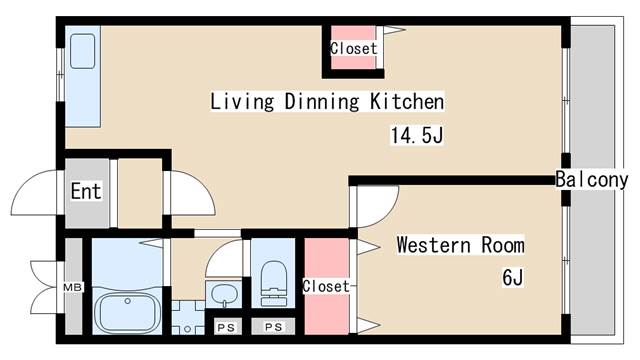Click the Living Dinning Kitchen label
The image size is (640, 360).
pyautogui.click(x=327, y=102)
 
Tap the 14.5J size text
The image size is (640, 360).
pyautogui.click(x=417, y=135)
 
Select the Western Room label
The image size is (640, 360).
pyautogui.click(x=460, y=245)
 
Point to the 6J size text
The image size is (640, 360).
pyautogui.click(x=513, y=278)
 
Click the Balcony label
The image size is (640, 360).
pyautogui.click(x=592, y=180)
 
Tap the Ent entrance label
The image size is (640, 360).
pyautogui.click(x=86, y=191)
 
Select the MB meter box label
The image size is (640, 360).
pyautogui.click(x=73, y=287)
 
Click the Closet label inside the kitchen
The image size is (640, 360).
pyautogui.click(x=353, y=49)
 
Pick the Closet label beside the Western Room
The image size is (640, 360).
pyautogui.click(x=326, y=286)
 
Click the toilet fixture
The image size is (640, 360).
pyautogui.click(x=273, y=284)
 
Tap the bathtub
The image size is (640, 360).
pyautogui.click(x=127, y=311)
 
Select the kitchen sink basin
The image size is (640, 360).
pyautogui.click(x=82, y=51)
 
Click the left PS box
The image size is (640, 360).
pyautogui.click(x=226, y=327)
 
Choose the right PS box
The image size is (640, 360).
pyautogui.click(x=273, y=327)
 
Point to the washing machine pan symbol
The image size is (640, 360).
pyautogui.click(x=187, y=318)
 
